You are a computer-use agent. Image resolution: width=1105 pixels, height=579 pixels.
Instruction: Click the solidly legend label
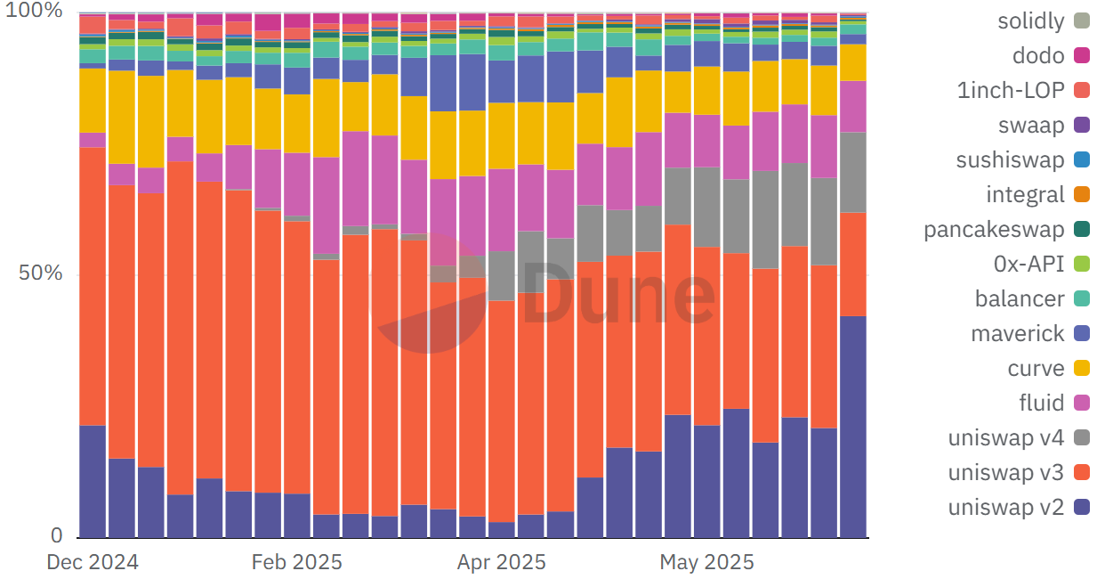point(1030,21)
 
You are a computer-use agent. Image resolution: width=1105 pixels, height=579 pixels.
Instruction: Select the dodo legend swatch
point(1082,56)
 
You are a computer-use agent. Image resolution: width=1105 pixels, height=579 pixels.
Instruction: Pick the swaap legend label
point(1031,126)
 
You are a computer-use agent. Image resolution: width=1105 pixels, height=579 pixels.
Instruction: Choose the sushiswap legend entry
point(1010,160)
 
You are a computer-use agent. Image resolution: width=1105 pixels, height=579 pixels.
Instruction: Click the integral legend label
point(1025,195)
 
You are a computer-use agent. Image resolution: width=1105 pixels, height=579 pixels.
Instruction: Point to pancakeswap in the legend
point(994,230)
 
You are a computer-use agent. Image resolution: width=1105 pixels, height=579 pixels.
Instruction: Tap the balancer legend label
point(1019,299)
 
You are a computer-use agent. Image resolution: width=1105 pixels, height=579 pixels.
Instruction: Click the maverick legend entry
point(1018,334)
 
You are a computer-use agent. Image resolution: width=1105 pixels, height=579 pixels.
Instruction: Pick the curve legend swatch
point(1082,369)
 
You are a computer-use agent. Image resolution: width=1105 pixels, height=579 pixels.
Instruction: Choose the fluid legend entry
point(1041,404)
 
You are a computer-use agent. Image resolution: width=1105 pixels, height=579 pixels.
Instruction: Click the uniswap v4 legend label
point(1005,438)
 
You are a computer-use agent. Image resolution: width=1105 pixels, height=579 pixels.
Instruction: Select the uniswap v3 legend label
point(1005,473)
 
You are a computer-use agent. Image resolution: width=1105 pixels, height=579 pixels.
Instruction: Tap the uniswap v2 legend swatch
point(1082,508)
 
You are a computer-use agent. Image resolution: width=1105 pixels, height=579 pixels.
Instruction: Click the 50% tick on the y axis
point(41,273)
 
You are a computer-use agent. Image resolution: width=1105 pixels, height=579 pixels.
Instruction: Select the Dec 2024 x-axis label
point(93,563)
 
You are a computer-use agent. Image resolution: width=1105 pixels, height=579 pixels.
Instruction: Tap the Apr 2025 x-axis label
point(502,563)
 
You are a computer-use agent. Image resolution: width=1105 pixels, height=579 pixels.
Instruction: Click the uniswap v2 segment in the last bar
point(853,428)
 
